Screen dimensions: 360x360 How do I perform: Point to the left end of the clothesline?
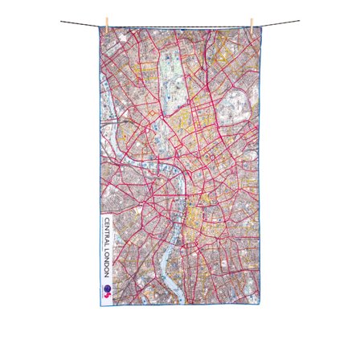pyautogui.click(x=62, y=22)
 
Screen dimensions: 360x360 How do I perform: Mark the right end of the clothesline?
pyautogui.click(x=298, y=22)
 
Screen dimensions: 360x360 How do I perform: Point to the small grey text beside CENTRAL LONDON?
pyautogui.click(x=110, y=249)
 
